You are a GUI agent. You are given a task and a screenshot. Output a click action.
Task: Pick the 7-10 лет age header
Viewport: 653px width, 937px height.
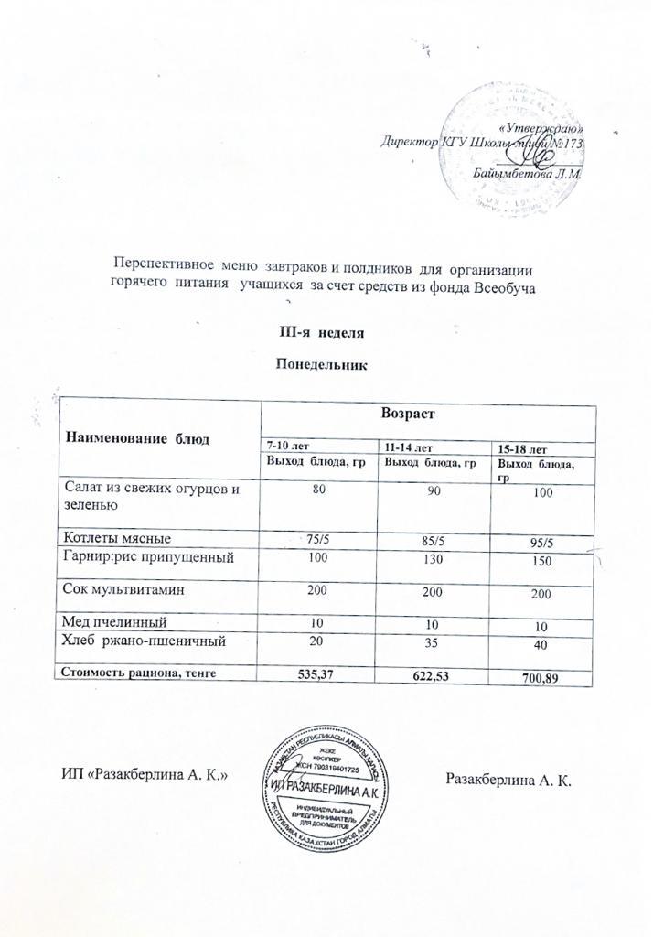point(286,445)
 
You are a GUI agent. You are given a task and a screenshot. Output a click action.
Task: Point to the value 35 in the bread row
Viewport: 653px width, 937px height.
point(430,647)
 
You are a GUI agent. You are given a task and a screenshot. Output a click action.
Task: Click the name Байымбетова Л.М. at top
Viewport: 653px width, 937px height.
point(528,173)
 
